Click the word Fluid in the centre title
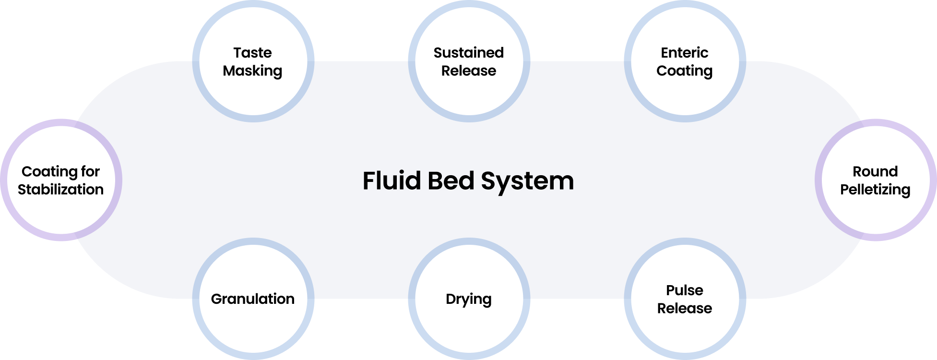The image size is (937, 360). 391,181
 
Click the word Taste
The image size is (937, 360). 252,52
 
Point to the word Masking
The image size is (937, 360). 252,71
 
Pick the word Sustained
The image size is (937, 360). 468,52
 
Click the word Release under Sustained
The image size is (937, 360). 468,71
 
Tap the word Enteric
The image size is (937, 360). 684,52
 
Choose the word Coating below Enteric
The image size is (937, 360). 684,71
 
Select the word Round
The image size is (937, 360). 875,171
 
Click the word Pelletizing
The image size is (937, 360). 875,190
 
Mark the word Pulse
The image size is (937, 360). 684,290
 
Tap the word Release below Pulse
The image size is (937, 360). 684,308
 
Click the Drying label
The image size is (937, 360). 468,299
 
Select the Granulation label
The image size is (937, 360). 252,299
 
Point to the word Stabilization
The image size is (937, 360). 60,190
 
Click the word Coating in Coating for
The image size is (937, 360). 49,172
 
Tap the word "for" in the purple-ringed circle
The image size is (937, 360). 90,171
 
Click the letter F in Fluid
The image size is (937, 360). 368,181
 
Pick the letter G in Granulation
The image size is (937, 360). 217,299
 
